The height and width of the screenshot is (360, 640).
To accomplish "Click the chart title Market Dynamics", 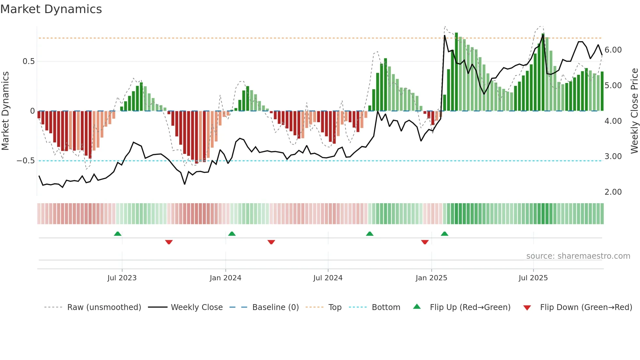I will [x=51, y=9].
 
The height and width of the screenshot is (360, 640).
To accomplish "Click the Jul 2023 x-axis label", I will [x=122, y=278].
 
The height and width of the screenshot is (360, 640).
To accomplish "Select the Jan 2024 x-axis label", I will [x=225, y=278].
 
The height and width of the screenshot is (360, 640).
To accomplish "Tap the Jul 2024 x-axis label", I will [x=328, y=278].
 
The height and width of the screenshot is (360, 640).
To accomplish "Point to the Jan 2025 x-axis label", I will [x=431, y=278].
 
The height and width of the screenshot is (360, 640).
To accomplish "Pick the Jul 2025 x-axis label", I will [x=533, y=278].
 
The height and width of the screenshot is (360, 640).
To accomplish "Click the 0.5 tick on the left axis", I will [x=28, y=61].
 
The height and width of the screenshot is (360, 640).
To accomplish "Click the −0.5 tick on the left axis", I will [x=26, y=161].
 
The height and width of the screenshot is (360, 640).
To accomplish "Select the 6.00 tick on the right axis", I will [x=613, y=50].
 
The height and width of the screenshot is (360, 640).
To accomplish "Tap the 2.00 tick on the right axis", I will [x=613, y=192].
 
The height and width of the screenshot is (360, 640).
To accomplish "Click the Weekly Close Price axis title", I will [x=634, y=111].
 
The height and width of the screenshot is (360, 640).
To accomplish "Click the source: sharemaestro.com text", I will [x=578, y=256].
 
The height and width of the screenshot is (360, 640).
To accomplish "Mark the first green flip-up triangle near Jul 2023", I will [x=118, y=234].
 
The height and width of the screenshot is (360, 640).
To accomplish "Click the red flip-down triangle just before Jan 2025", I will [x=425, y=242].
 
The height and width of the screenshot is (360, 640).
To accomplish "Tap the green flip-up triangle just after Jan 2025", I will [x=444, y=234].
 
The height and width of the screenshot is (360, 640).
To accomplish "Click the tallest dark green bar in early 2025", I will [x=456, y=72].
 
